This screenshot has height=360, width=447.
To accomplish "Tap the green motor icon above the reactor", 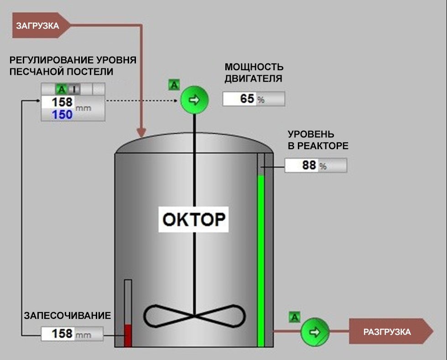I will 194,100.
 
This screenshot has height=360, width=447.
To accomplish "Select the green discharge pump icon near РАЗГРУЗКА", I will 315,332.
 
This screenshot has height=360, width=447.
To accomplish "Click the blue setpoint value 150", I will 62,115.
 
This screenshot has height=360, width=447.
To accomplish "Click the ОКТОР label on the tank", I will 194,219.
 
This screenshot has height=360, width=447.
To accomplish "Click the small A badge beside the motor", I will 174,84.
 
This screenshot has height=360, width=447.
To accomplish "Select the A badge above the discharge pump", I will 295,316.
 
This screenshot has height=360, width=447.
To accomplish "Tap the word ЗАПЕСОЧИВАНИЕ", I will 68,316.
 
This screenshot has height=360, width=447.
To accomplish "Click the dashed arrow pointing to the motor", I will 141,100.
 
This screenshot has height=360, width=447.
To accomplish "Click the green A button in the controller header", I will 61,89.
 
